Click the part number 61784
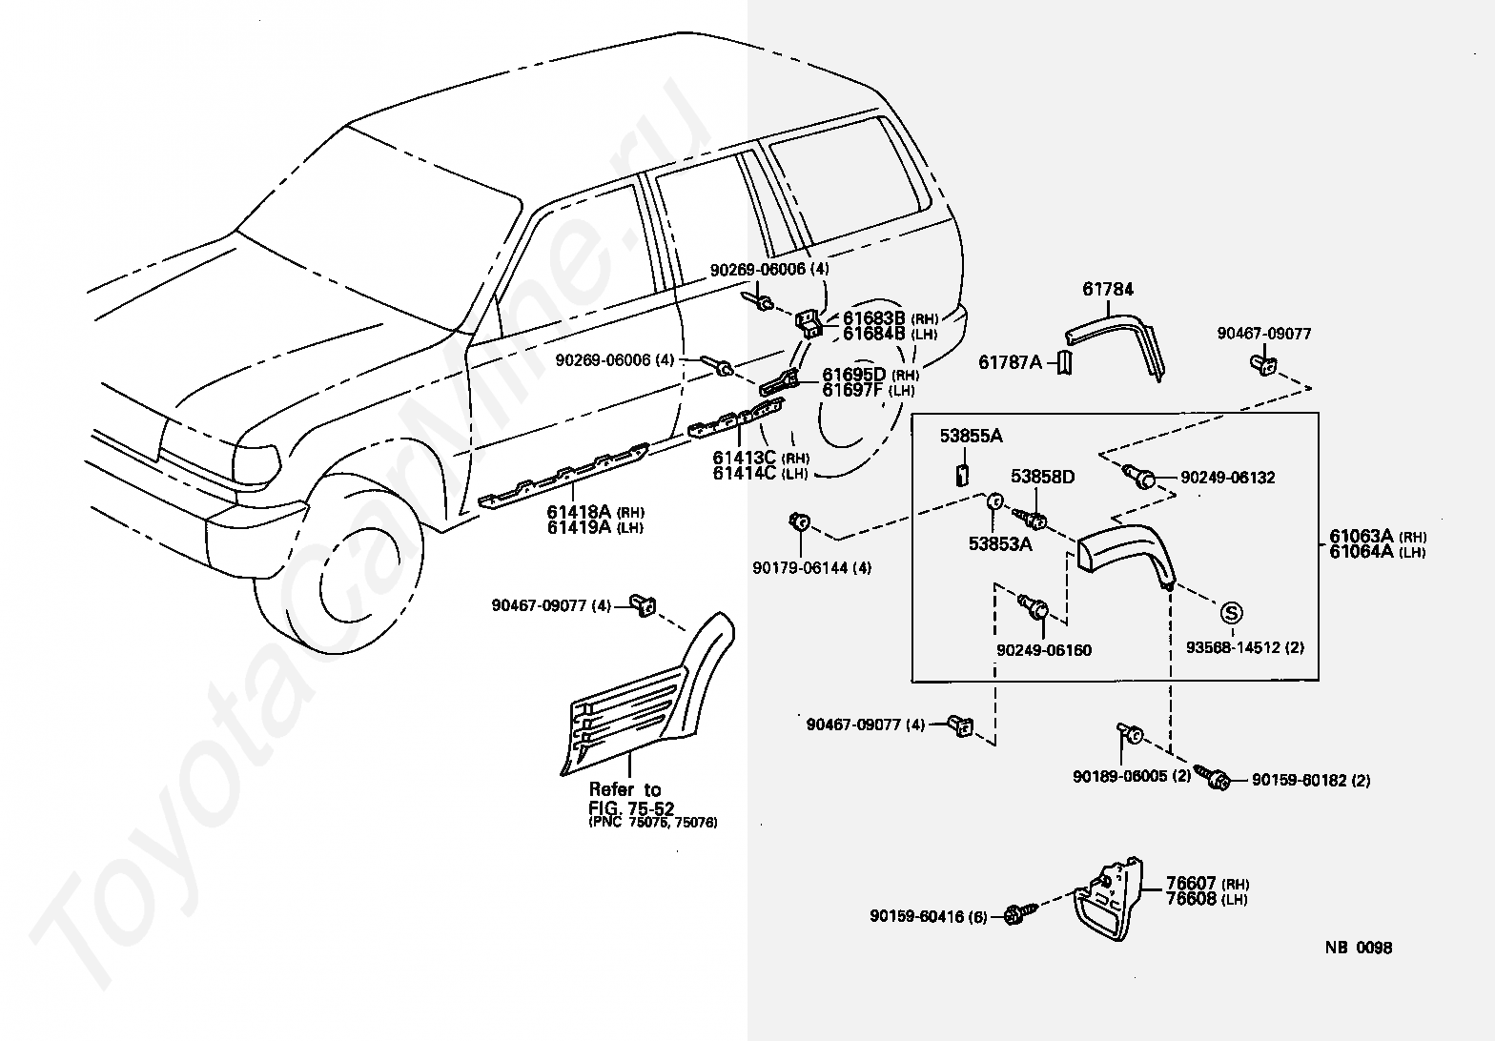1108,289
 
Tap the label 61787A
1010,362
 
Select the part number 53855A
971,436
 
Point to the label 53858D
1042,477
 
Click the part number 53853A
1000,543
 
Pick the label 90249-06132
1228,478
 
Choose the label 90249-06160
1044,650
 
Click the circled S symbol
1232,613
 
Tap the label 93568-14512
1233,647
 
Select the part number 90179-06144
800,568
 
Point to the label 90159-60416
917,916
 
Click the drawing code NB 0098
1359,948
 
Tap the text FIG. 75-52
631,807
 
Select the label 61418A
579,512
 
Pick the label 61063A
1361,536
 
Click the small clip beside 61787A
1065,362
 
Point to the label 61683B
873,317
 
